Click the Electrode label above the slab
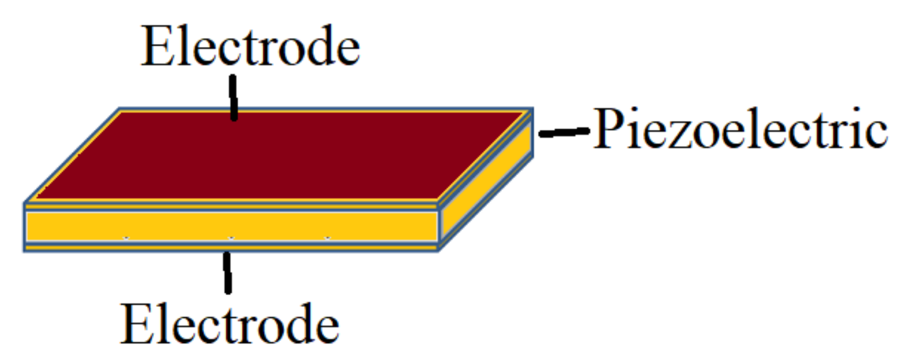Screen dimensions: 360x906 [250, 46]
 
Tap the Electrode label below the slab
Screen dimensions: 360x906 [230, 324]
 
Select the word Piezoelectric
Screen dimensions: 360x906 [740, 129]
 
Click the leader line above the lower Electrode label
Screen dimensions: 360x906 [227, 272]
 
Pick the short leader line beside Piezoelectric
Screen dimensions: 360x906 [564, 132]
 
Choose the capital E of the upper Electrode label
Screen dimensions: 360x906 [157, 46]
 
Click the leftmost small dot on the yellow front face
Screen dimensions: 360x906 [126, 238]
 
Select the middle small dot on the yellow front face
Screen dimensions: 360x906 [231, 238]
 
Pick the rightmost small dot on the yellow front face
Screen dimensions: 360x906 [327, 238]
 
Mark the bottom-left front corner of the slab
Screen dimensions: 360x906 [25, 250]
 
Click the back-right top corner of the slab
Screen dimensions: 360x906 [532, 109]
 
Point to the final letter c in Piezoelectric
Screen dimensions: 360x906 [877, 135]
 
